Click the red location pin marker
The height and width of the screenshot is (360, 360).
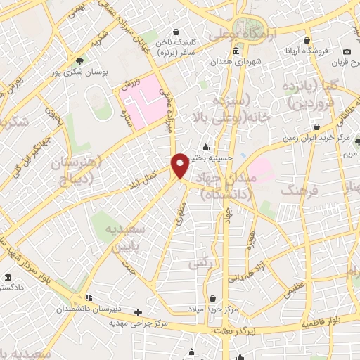coord(180,165)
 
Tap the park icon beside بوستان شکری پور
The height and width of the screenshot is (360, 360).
coord(80,60)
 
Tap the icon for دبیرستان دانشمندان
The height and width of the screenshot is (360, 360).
coord(89,297)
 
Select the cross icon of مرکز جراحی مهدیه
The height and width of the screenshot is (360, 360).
coord(138,312)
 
